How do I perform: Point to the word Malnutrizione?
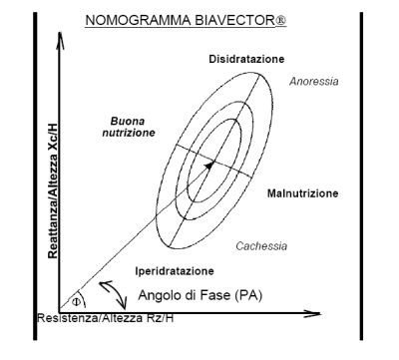[302, 192]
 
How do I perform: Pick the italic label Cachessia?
[261, 244]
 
